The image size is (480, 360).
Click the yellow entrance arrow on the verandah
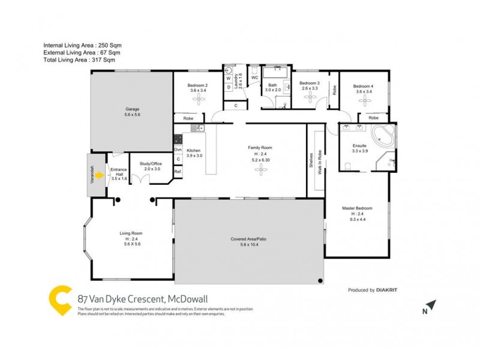click(100, 175)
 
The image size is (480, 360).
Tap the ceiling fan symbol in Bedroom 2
click(197, 102)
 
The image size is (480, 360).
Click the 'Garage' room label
click(133, 109)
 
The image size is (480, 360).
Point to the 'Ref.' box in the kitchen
click(178, 172)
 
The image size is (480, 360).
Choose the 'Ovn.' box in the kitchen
click(178, 149)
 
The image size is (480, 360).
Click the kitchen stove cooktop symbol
click(178, 139)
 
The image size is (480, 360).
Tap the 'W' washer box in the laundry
click(229, 79)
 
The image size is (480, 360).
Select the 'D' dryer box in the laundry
click(229, 88)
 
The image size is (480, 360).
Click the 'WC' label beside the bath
click(254, 78)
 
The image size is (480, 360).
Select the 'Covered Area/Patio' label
click(248, 239)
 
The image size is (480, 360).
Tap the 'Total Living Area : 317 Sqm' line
click(79, 59)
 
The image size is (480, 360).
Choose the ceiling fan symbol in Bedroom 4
click(364, 102)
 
